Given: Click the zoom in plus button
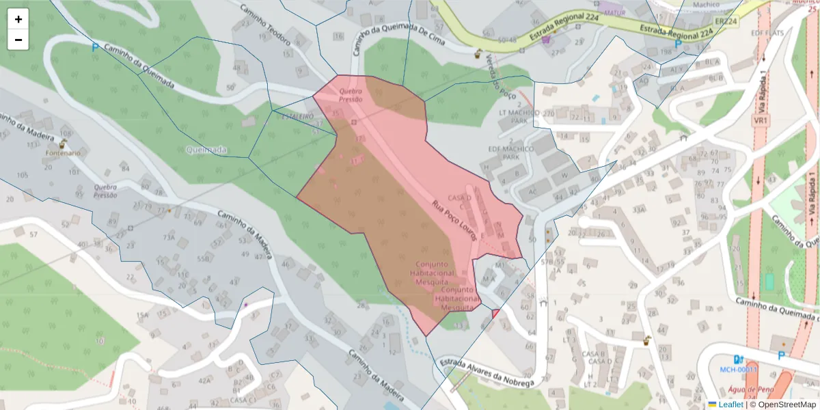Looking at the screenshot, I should coord(18,19).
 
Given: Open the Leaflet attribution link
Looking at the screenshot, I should coord(730,405).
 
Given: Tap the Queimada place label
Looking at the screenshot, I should coord(206,150).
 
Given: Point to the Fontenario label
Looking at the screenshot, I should coord(63,153).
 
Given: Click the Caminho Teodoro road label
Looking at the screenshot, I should coord(265,25).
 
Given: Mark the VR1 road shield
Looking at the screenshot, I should coord(759,120).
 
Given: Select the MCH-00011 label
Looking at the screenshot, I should coord(739,370).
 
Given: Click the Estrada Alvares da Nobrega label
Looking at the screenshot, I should coord(486,373).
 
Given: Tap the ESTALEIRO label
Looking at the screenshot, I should coord(298,117).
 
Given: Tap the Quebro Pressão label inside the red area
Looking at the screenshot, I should coord(351,95).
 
